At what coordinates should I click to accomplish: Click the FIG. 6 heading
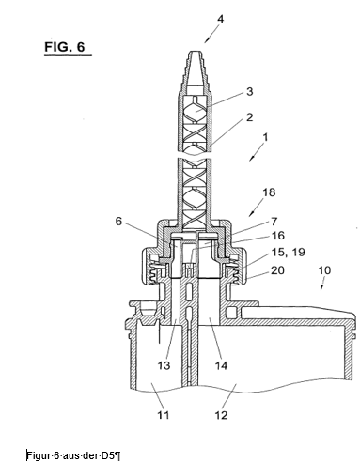pos(65,47)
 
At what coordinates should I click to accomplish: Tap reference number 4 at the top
pos(221,19)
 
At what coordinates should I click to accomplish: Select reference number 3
pos(249,92)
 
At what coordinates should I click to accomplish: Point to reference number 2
pos(249,117)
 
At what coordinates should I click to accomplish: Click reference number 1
pos(265,137)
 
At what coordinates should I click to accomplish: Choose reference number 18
pos(269,192)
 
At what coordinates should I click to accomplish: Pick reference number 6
pos(118,221)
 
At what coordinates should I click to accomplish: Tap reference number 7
pos(274,222)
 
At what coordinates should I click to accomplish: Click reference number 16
pos(278,236)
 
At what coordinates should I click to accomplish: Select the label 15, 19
pos(288,253)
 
